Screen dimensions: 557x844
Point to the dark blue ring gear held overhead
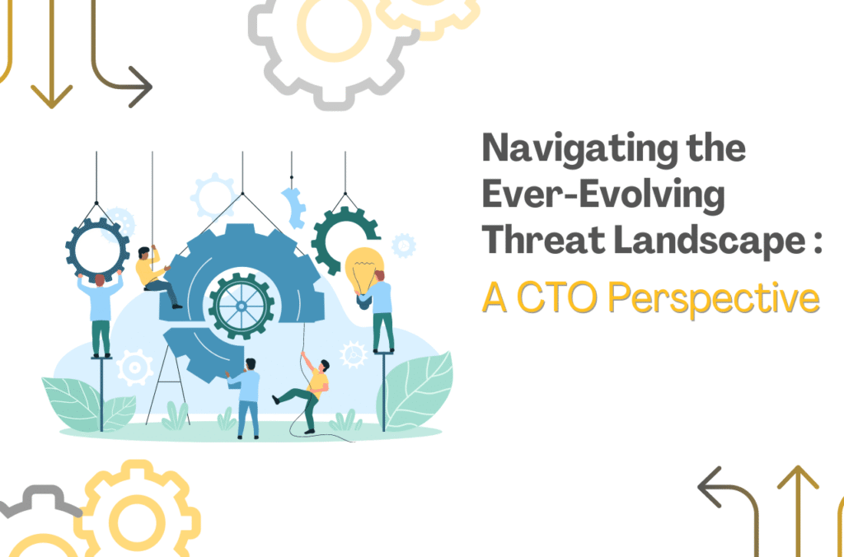tap(97, 246)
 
